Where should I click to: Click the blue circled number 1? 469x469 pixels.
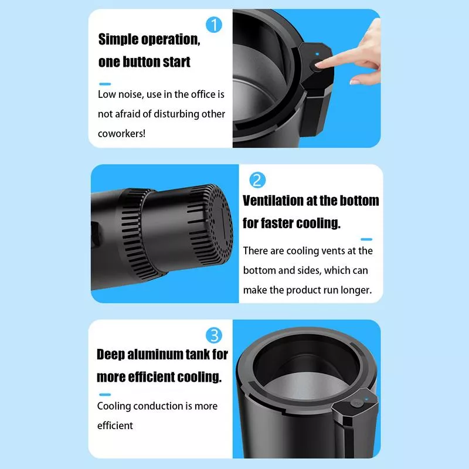[x=214, y=25]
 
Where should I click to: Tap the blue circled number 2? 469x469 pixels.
[x=257, y=180]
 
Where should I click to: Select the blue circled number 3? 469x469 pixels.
[x=214, y=335]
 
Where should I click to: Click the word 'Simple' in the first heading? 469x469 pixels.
[x=118, y=39]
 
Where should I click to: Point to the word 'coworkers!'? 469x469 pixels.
[x=121, y=134]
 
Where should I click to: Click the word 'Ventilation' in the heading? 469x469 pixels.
[x=273, y=200]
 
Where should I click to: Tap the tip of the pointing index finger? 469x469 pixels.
[x=318, y=64]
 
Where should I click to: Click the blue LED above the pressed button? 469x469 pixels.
[x=317, y=54]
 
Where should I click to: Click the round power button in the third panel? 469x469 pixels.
[x=356, y=403]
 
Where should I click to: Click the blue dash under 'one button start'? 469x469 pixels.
[x=105, y=84]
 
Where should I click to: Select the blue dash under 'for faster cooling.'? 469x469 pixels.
[x=366, y=239]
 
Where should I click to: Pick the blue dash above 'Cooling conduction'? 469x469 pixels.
[x=105, y=395]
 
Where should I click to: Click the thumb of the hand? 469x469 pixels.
[x=361, y=81]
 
